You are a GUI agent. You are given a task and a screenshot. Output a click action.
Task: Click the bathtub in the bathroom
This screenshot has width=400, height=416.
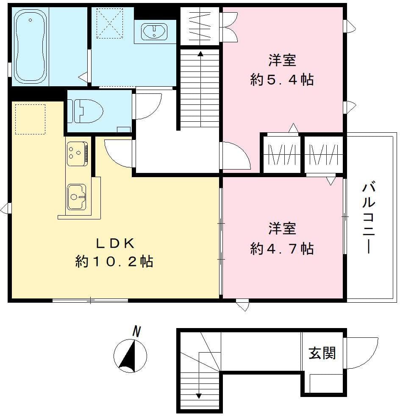tap(31, 46)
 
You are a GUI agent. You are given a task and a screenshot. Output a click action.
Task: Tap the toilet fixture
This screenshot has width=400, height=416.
tap(85, 111)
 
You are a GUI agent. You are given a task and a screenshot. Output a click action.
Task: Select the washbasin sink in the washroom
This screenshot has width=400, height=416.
tap(154, 30)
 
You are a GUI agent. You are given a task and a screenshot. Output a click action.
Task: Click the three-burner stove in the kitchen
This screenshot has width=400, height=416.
tap(77, 154)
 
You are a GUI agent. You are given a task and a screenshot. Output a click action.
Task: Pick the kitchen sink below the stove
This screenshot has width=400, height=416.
tap(76, 197)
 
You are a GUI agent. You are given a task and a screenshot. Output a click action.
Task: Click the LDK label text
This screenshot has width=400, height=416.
tap(115, 244)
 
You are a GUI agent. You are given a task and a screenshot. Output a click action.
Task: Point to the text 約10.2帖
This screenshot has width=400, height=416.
tap(114, 261)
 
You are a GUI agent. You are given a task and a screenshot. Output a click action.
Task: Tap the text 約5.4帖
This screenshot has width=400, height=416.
tap(282, 79)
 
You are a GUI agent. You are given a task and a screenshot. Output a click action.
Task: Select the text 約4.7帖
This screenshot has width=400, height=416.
tap(282, 249)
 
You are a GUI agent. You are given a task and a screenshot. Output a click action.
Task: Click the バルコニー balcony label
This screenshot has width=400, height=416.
tap(369, 218)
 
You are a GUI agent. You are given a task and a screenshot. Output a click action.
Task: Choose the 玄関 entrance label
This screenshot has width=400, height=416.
tap(322, 353)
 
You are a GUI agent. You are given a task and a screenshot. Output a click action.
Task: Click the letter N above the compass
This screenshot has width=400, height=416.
tap(136, 331)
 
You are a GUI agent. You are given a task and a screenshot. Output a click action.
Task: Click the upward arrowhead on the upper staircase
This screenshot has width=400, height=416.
tap(200, 54)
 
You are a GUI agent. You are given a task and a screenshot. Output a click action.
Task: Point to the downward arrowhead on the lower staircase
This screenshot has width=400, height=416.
tap(199, 396)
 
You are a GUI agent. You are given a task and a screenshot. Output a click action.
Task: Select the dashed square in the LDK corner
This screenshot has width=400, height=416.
tap(30, 119)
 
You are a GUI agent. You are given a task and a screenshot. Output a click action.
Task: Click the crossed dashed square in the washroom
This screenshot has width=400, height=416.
tap(110, 23)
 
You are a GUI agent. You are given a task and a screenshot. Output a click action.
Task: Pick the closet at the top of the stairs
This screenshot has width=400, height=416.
tap(200, 26)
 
